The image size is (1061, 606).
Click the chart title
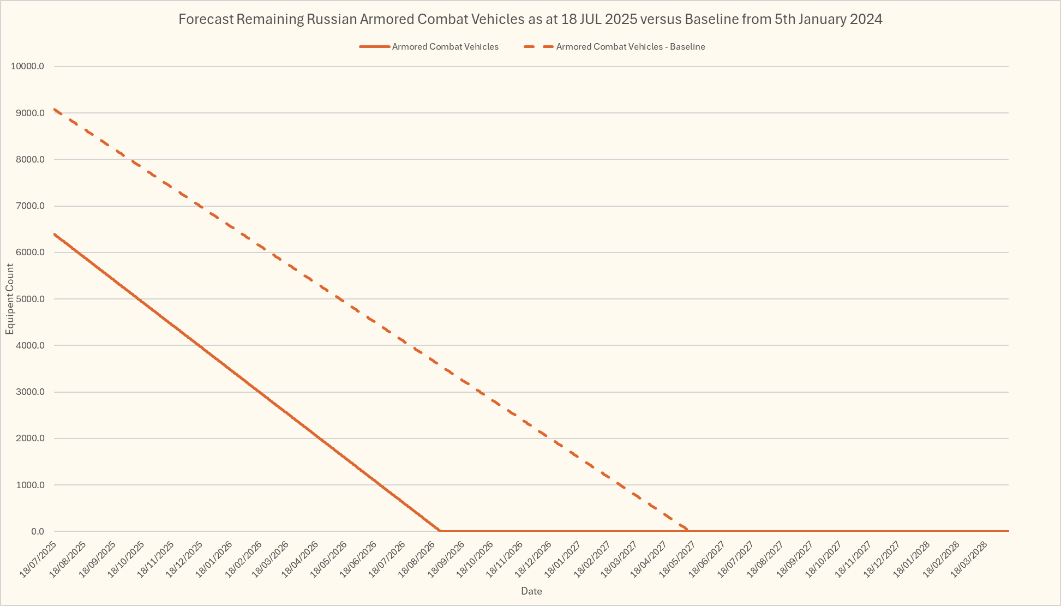coord(530,20)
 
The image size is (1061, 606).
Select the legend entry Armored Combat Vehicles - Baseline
coord(630,47)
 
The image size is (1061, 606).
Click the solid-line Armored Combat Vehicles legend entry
coord(445,47)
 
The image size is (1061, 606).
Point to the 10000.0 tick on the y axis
coord(31,67)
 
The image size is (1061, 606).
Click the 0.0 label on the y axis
coord(37,531)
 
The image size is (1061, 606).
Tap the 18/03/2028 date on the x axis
coord(969,557)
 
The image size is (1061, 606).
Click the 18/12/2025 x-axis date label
coord(184,557)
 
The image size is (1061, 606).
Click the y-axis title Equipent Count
coord(10,299)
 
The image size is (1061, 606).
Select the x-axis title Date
coord(531,591)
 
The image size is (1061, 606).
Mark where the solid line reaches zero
coord(440,531)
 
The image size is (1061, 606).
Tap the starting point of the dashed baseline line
coord(55,109)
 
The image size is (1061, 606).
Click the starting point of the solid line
coord(55,234)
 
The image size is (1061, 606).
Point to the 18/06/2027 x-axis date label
coord(707,557)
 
